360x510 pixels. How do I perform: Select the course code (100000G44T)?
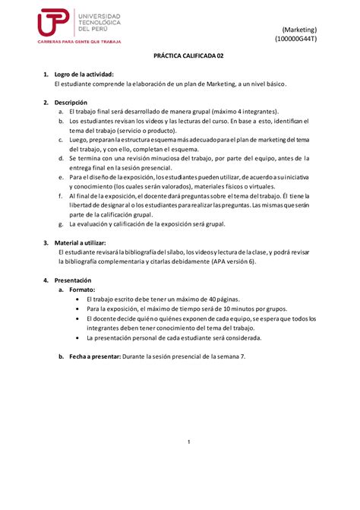point(298,38)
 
